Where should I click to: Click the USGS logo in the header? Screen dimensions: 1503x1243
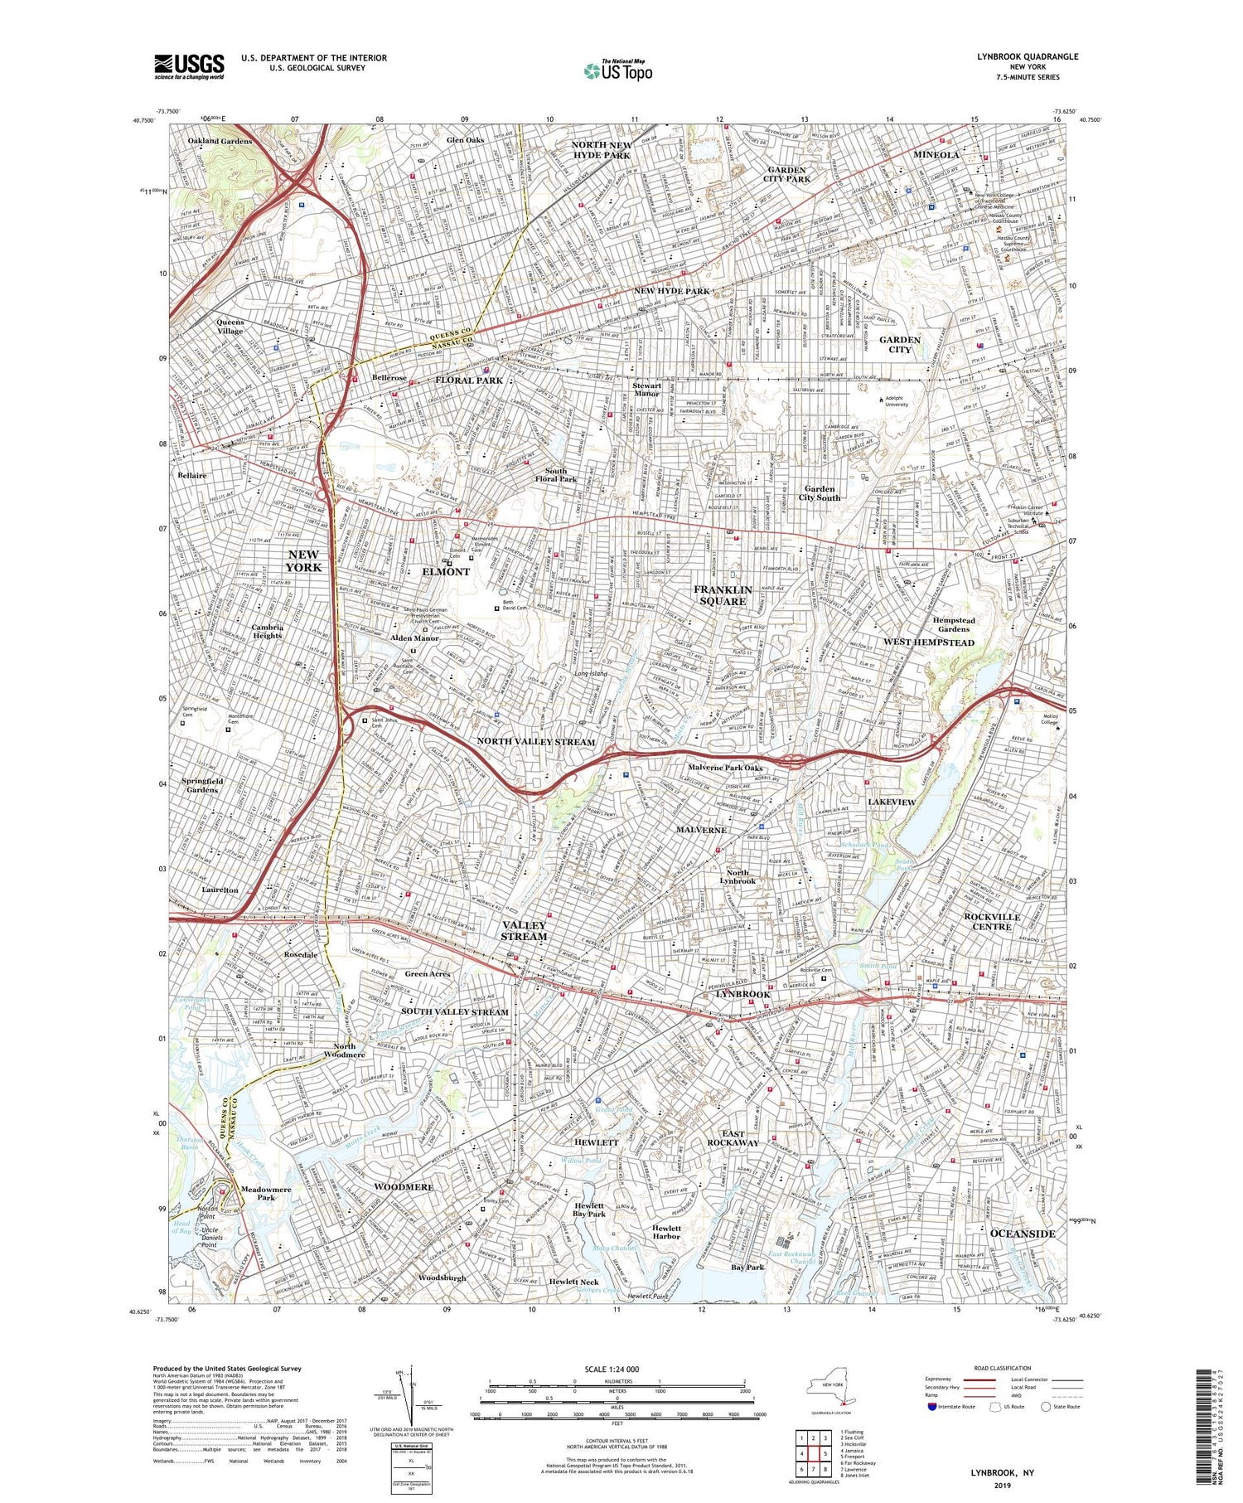point(189,66)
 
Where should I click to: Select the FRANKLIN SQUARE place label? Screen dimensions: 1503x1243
point(723,595)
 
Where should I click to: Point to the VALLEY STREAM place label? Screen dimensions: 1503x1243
point(524,930)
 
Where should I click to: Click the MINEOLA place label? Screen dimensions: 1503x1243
point(936,155)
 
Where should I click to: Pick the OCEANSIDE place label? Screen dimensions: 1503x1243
point(1023,1234)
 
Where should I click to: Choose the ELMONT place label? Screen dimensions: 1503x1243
point(446,572)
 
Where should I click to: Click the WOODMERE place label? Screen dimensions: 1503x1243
point(404,1187)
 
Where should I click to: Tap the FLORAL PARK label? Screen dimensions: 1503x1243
point(469,381)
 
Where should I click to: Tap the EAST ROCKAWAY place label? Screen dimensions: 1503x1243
point(733,1138)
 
